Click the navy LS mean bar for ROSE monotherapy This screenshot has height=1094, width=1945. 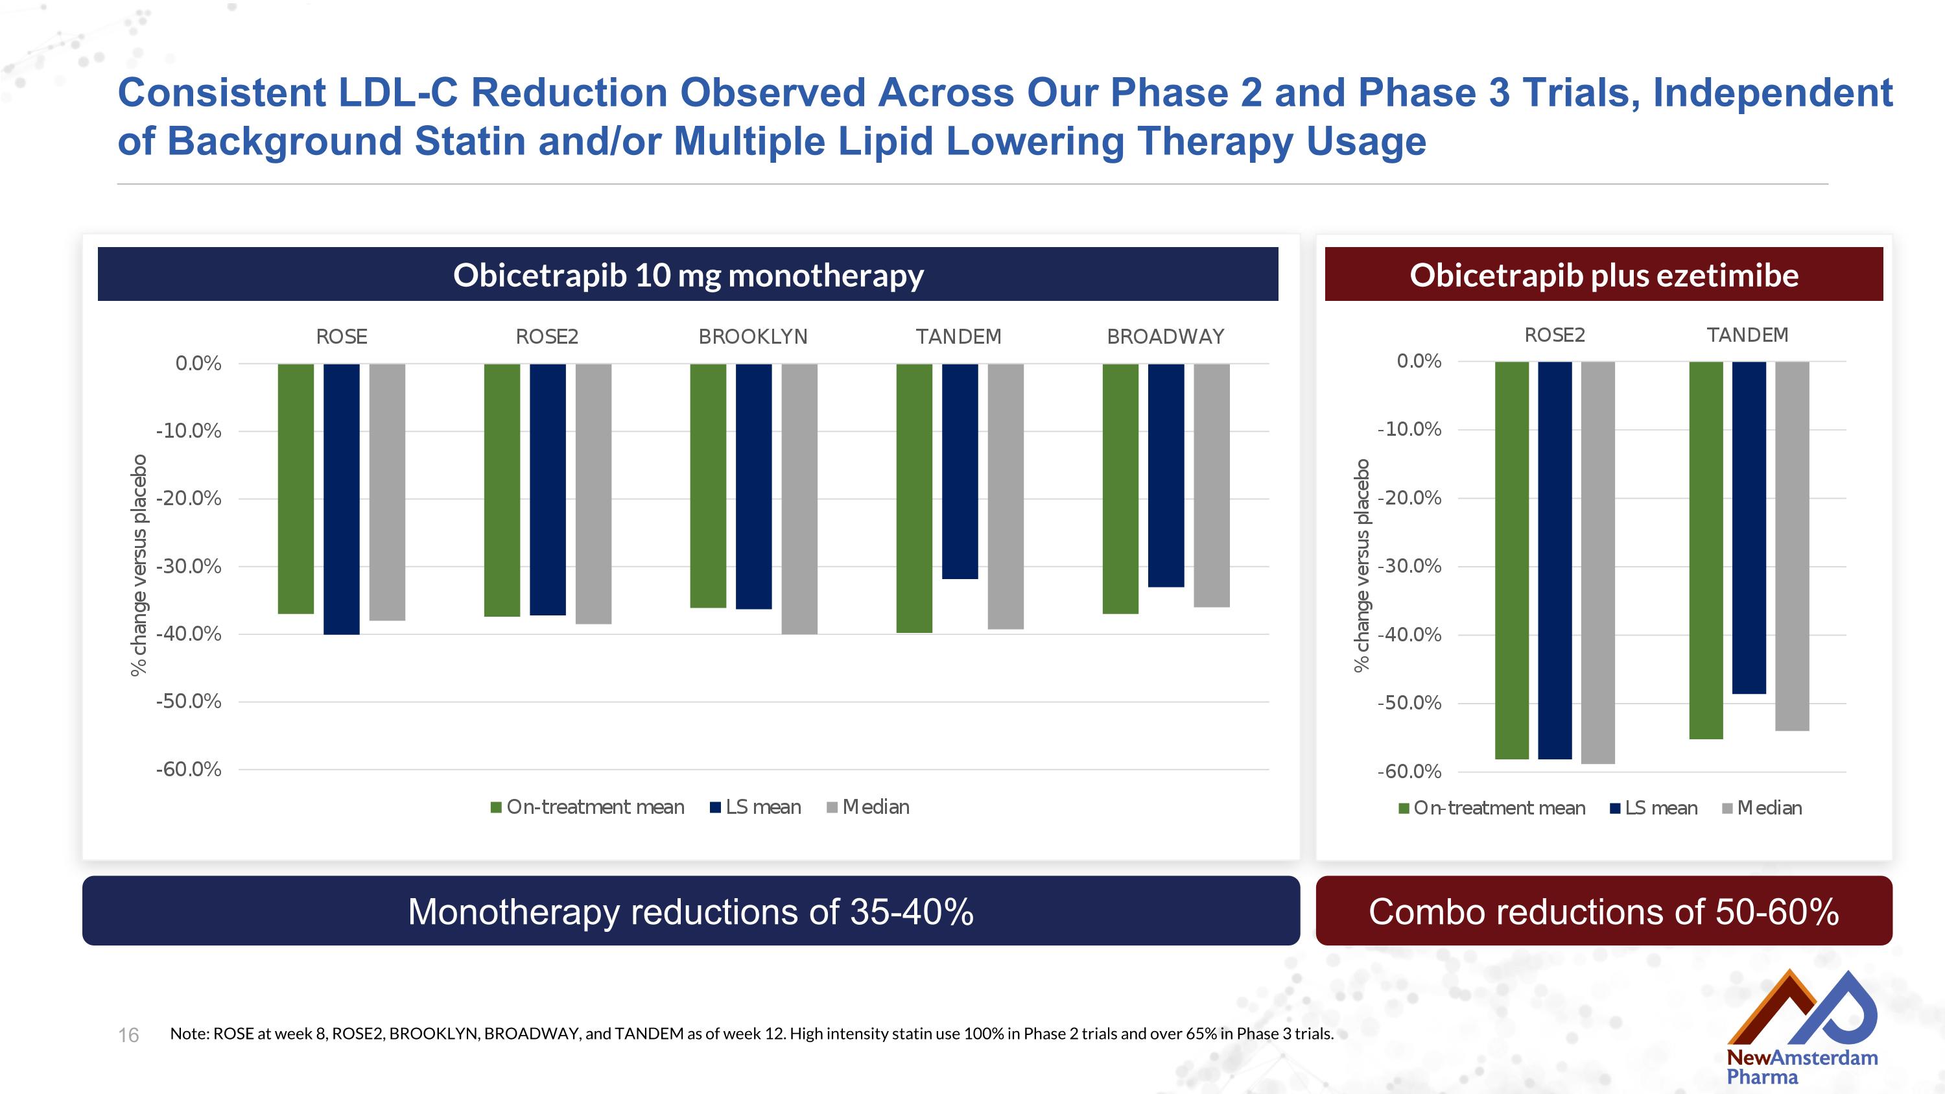click(341, 498)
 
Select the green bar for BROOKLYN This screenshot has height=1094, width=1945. click(707, 486)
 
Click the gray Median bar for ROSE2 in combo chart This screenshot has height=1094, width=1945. click(1597, 562)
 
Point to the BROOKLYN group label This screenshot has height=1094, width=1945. click(753, 337)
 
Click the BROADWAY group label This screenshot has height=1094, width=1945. click(1165, 337)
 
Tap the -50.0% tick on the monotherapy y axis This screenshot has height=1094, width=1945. click(189, 702)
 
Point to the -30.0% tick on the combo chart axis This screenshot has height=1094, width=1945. click(1409, 566)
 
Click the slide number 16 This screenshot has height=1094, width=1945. click(128, 1035)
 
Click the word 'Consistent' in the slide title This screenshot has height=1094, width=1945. click(221, 93)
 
